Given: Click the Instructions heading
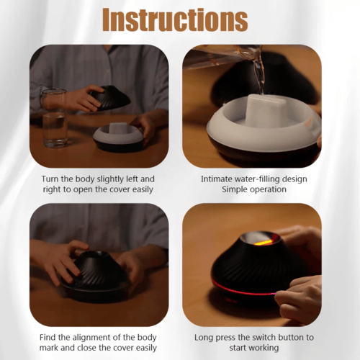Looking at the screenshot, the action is click(175, 19).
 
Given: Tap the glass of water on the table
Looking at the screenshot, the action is click(55, 118).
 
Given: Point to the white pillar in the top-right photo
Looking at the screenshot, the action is click(268, 110).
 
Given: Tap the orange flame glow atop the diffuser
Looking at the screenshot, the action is click(263, 242).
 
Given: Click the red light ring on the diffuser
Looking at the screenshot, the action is click(243, 289).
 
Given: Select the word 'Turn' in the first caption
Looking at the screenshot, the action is click(50, 179).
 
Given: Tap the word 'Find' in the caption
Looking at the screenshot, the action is click(48, 338).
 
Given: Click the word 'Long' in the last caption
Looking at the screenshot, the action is click(204, 338).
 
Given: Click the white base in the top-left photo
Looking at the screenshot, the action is click(118, 135).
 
